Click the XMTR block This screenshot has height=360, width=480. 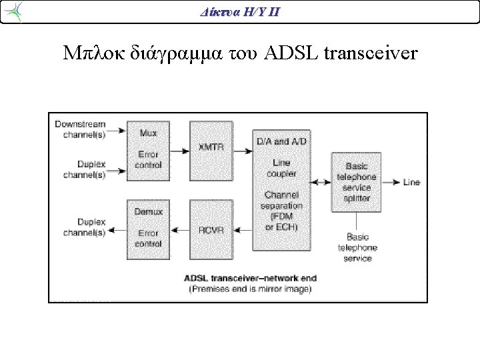tap(211, 151)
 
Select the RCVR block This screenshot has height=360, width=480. tap(211, 229)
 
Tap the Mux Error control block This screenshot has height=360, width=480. tap(148, 151)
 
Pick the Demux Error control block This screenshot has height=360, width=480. tap(148, 229)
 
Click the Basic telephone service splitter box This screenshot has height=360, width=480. tap(356, 182)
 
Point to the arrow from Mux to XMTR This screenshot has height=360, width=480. tap(180, 151)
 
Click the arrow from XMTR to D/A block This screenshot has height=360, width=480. tap(243, 151)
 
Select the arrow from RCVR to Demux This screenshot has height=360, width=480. tap(180, 230)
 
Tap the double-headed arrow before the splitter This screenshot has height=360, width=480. tap(321, 183)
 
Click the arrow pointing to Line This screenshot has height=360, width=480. tap(391, 183)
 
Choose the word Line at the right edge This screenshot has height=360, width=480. tap(411, 182)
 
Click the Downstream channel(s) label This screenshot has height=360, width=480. tap(80, 129)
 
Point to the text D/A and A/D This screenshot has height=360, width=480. tap(281, 141)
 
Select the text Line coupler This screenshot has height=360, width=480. tap(281, 168)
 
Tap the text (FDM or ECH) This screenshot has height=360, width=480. tap(281, 221)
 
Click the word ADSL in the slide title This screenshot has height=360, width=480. tap(291, 53)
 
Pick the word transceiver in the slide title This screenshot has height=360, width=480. tap(371, 53)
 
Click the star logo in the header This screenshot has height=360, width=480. tap(13, 11)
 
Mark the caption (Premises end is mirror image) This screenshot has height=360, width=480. tap(251, 289)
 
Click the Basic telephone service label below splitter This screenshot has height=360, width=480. tap(357, 247)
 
